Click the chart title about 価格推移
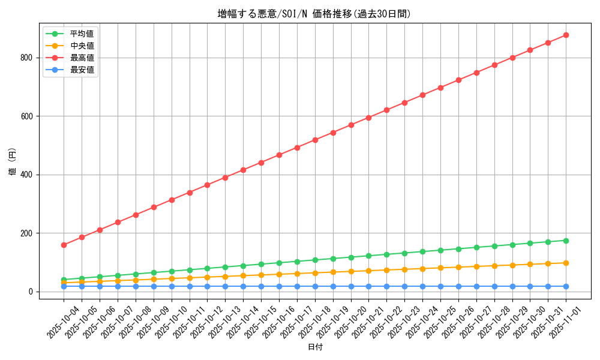click(314, 14)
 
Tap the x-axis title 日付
click(315, 347)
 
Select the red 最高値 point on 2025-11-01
click(566, 35)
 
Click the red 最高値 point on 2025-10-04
click(64, 245)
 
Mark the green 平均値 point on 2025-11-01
click(566, 241)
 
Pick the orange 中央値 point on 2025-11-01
click(566, 263)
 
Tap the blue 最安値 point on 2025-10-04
click(64, 286)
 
